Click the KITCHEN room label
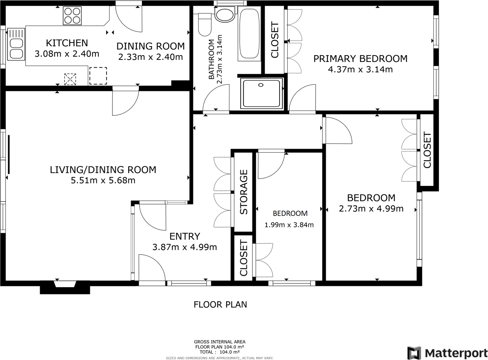pos(67,43)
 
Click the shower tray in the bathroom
pos(261,94)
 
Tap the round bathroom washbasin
pos(224,15)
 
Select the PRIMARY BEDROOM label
pos(360,59)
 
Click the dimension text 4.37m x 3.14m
pos(360,69)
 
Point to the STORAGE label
pos(244,192)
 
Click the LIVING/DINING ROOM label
pos(103,170)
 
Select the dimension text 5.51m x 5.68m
pos(103,180)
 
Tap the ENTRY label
pos(185,236)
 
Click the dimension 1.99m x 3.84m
pos(289,225)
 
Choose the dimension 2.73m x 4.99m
pos(371,209)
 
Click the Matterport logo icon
pos(414,352)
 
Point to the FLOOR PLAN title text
pos(220,305)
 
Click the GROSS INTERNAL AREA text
pos(219,342)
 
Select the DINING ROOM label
pos(151,46)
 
